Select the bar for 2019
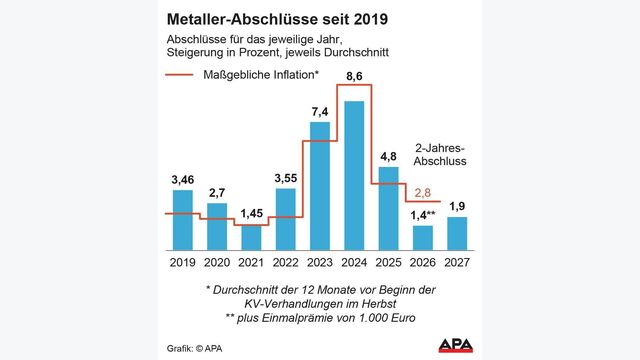click(x=182, y=220)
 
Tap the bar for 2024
click(x=354, y=175)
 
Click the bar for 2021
click(x=250, y=238)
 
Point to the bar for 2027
click(x=457, y=233)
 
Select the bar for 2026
click(x=422, y=238)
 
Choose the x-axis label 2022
click(x=285, y=264)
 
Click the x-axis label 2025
click(x=388, y=264)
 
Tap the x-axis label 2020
click(x=216, y=264)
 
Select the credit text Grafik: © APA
click(x=194, y=348)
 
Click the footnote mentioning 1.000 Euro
click(x=321, y=319)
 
